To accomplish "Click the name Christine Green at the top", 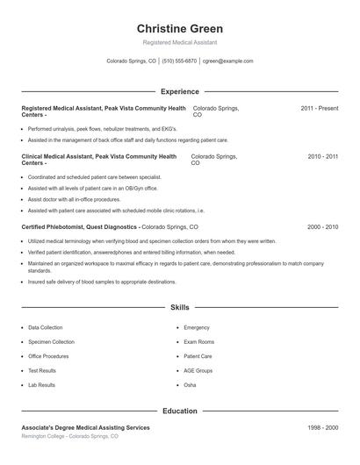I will [179, 28].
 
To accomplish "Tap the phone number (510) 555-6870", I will [179, 61].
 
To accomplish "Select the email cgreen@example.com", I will [227, 61].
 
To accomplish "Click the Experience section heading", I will [179, 91].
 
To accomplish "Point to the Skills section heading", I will [179, 308].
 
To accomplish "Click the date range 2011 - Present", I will [319, 108].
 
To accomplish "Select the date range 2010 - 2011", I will [322, 156].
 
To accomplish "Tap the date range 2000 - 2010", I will [322, 226].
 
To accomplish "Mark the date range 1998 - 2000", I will [322, 427].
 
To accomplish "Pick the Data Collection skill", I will [46, 327].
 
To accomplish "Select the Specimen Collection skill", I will [51, 342].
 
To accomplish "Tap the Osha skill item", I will [190, 385].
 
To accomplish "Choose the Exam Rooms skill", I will [198, 342].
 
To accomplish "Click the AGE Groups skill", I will [198, 371].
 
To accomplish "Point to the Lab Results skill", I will [41, 385].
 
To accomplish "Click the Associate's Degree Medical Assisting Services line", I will [85, 427].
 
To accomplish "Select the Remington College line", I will [69, 436].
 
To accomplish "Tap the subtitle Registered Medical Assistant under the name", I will [179, 42].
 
